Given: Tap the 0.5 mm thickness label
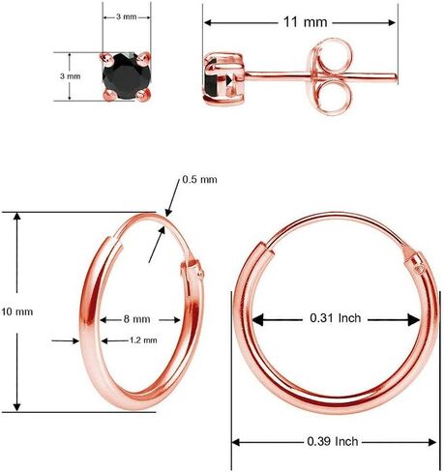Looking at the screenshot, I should point(200,179).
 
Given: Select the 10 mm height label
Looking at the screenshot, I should point(17,311).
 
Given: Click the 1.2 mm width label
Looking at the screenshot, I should point(142,339).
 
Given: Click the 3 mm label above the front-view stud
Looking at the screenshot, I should point(125,17).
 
